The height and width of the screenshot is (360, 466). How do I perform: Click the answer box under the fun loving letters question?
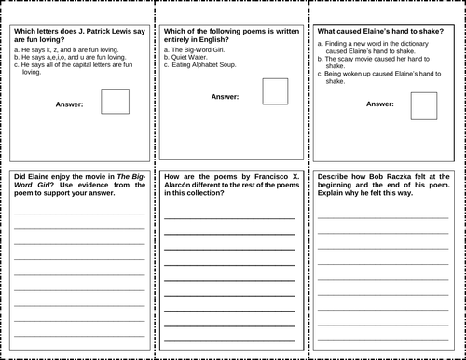(x=115, y=101)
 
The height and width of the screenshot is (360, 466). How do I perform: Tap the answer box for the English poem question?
(x=275, y=91)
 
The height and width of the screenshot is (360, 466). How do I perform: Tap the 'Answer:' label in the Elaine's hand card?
(x=379, y=104)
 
